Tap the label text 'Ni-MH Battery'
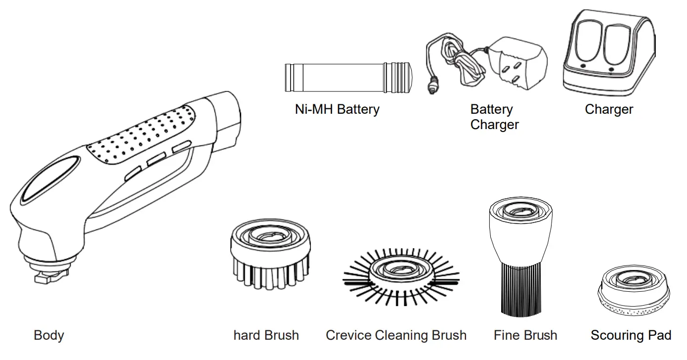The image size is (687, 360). [x=337, y=109]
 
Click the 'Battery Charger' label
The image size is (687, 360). [x=494, y=117]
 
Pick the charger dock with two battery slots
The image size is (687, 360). [x=609, y=54]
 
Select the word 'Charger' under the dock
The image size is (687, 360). [x=608, y=109]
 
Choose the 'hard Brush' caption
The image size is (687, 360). [x=266, y=335]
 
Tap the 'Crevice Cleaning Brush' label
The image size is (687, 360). [x=396, y=335]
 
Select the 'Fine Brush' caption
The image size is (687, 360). [x=525, y=335]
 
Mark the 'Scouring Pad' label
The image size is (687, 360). [x=631, y=335]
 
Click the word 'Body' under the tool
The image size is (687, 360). [x=48, y=335]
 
